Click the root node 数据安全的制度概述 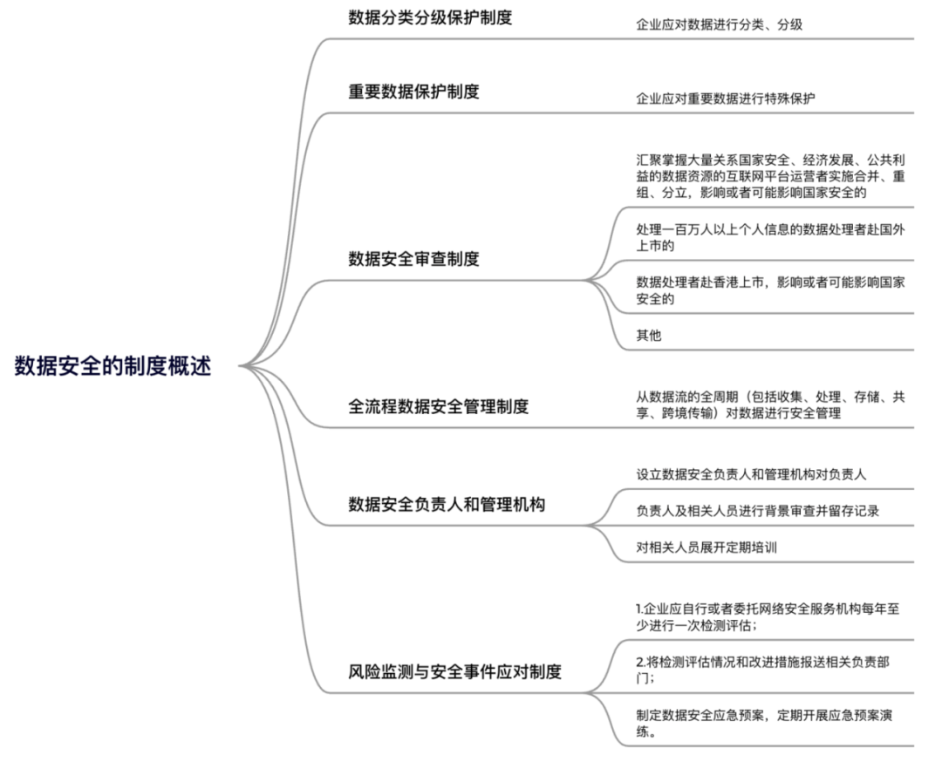[x=113, y=365]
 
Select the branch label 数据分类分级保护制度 [x=430, y=17]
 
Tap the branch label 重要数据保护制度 [x=414, y=92]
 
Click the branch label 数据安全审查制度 [x=414, y=259]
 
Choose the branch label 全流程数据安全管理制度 [x=439, y=406]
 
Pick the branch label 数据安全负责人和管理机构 [x=447, y=505]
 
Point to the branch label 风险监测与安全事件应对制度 [x=454, y=671]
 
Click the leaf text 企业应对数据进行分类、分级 [x=719, y=24]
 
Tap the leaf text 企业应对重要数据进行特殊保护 [x=726, y=99]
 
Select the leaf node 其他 [x=649, y=335]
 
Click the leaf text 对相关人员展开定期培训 [x=706, y=547]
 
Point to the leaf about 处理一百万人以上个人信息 [x=771, y=237]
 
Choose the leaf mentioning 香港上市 [x=771, y=290]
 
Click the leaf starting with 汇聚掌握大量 [x=771, y=176]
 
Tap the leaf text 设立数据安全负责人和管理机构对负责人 [x=752, y=474]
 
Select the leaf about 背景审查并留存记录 [x=758, y=511]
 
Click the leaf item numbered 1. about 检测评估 [x=768, y=616]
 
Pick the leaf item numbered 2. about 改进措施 [x=763, y=670]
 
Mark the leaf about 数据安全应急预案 [x=764, y=723]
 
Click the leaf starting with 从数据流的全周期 [x=771, y=405]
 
